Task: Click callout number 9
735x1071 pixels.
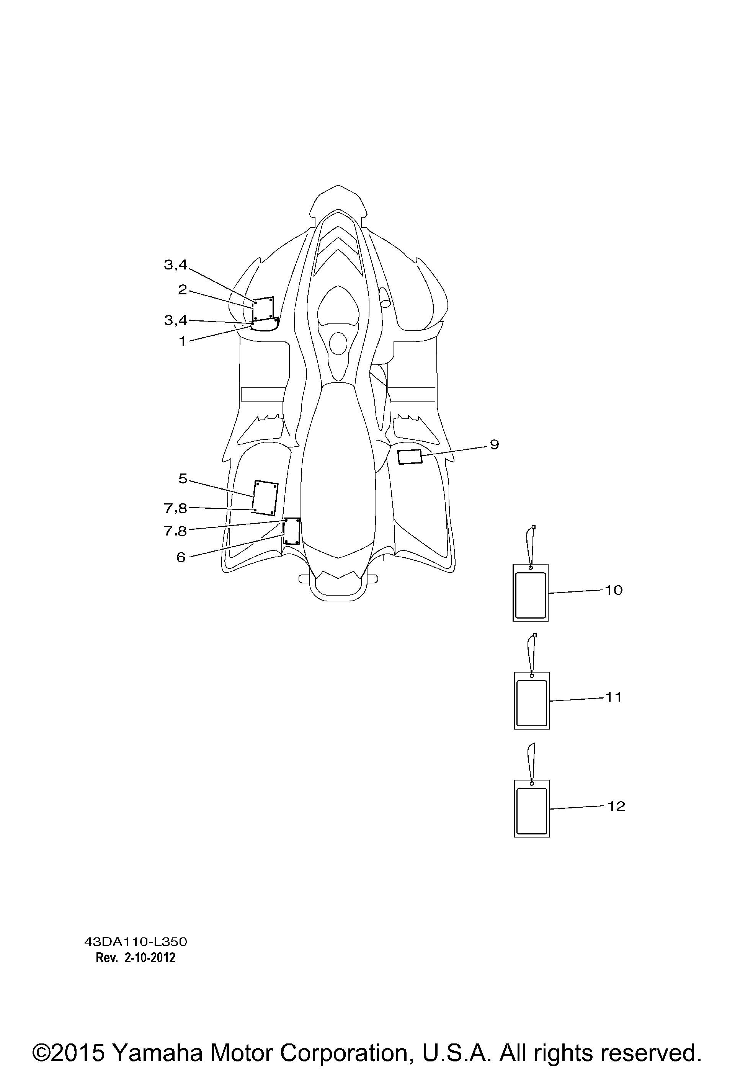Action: (x=494, y=445)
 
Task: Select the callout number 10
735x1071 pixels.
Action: (x=614, y=590)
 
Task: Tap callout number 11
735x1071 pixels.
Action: (x=614, y=697)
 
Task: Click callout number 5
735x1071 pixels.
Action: (x=183, y=479)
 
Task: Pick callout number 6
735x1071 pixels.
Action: (x=181, y=558)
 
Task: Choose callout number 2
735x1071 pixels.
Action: (x=183, y=290)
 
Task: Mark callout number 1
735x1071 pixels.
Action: (x=183, y=341)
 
